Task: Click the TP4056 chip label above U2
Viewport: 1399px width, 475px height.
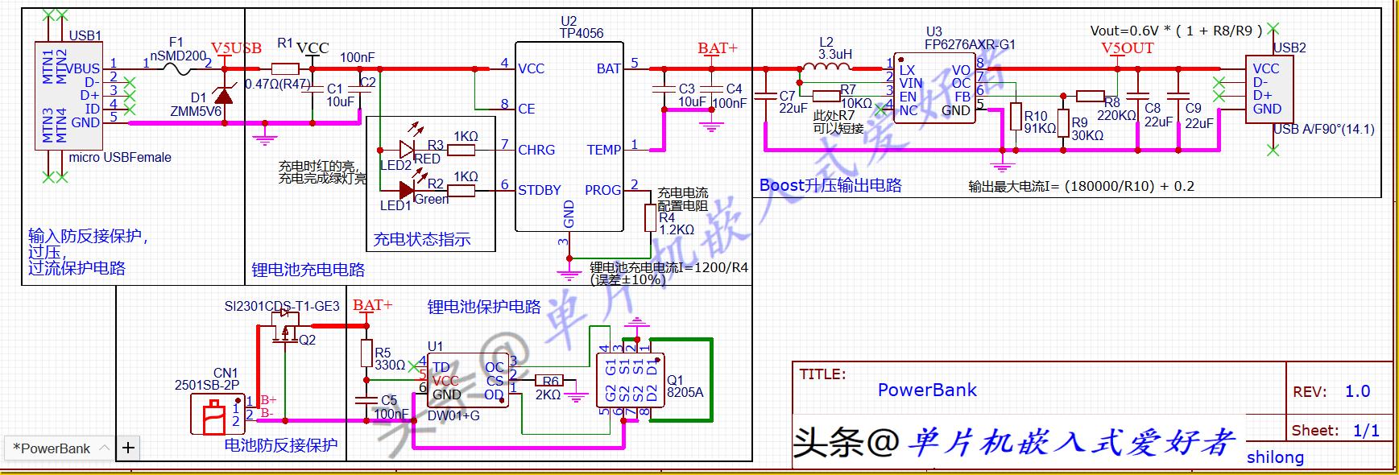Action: [581, 33]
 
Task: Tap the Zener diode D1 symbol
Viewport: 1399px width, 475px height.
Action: [223, 97]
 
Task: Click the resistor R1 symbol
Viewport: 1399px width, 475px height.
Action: [285, 69]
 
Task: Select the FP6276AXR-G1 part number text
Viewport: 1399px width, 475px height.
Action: [970, 45]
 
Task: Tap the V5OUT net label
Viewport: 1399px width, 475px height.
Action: [1127, 48]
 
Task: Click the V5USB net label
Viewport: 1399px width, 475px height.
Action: [236, 48]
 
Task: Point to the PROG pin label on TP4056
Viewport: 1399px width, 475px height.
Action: [602, 190]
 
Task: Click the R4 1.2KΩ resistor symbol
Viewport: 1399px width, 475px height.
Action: [650, 217]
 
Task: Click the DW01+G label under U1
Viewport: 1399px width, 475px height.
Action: [453, 415]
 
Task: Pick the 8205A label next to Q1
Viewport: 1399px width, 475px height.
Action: [685, 393]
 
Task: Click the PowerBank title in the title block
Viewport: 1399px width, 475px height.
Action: [926, 390]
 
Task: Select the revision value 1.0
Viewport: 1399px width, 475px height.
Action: [1357, 391]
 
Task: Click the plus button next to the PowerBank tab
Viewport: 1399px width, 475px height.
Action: [128, 448]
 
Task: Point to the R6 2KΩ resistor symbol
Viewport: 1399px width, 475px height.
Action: [551, 381]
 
